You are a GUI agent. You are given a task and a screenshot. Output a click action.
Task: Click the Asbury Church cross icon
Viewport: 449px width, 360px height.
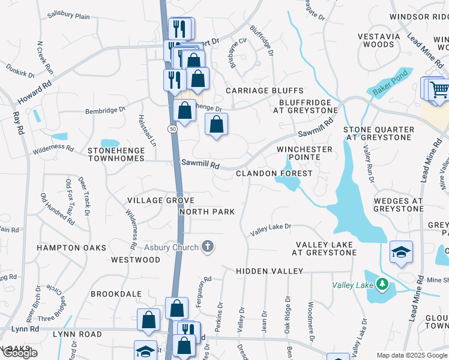coord(208,246)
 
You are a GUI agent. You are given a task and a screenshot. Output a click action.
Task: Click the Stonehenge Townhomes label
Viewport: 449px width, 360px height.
coord(116,154)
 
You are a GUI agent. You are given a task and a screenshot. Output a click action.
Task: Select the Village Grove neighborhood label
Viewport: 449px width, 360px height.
coord(160,200)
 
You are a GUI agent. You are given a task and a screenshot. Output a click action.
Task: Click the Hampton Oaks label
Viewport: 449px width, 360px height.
coord(71,247)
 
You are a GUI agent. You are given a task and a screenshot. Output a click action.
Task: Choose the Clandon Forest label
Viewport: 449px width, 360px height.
coord(274,173)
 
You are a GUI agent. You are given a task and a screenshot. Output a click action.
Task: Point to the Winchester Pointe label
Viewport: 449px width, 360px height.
coord(304,153)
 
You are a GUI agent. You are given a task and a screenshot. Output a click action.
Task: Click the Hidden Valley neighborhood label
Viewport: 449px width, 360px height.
coord(269,271)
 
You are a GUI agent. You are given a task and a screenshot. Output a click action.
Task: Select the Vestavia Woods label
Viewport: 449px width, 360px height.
coord(379,40)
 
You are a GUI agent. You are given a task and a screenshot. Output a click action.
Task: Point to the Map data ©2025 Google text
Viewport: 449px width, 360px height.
coord(412,355)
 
